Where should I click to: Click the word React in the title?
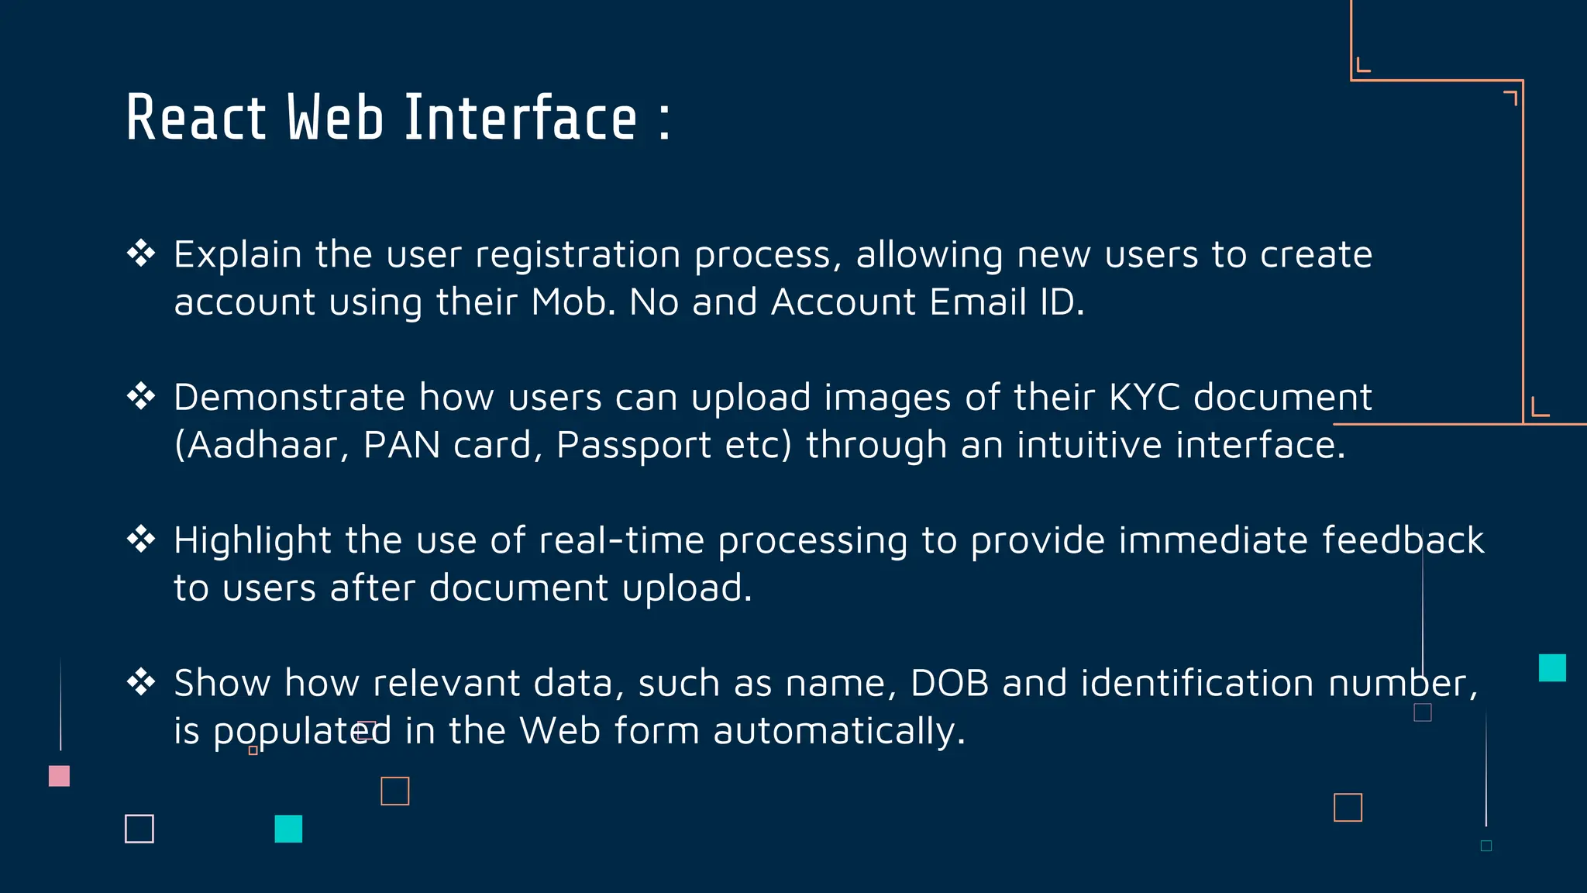(x=196, y=119)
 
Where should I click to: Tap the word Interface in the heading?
(x=521, y=119)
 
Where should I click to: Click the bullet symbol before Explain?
(x=141, y=253)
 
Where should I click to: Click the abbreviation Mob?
(x=573, y=302)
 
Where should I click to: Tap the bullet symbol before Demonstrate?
(x=141, y=396)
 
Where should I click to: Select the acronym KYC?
(x=1144, y=398)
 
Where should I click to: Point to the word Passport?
(x=633, y=446)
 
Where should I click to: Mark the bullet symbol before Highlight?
(x=141, y=539)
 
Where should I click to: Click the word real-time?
(x=621, y=540)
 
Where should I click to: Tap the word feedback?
(x=1403, y=540)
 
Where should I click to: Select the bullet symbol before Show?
(x=141, y=682)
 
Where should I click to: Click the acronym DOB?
(x=949, y=684)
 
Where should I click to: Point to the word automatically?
(x=838, y=732)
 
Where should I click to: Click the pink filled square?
(x=60, y=776)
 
